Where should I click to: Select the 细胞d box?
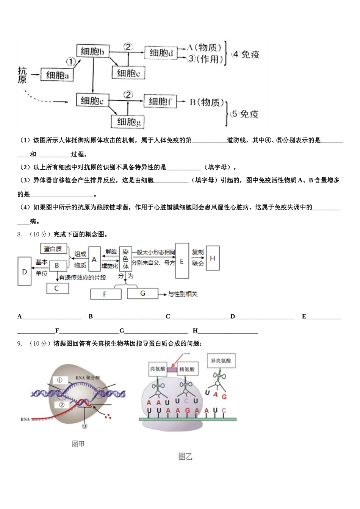point(161,53)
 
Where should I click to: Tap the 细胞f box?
point(160,101)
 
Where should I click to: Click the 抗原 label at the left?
point(22,75)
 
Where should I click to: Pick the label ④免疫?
point(246,55)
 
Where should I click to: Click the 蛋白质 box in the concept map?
point(53,249)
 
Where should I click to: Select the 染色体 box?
point(125,259)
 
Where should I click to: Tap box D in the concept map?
point(25,271)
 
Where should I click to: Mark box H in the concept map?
point(212,258)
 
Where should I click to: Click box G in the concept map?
point(142,294)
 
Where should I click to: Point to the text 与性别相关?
point(183,294)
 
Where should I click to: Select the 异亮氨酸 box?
point(221,361)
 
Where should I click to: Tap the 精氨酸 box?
point(187,369)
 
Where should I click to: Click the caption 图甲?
point(78,444)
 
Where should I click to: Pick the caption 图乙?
point(185,457)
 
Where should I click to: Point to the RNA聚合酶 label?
point(87,378)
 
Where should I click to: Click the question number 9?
point(20,343)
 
